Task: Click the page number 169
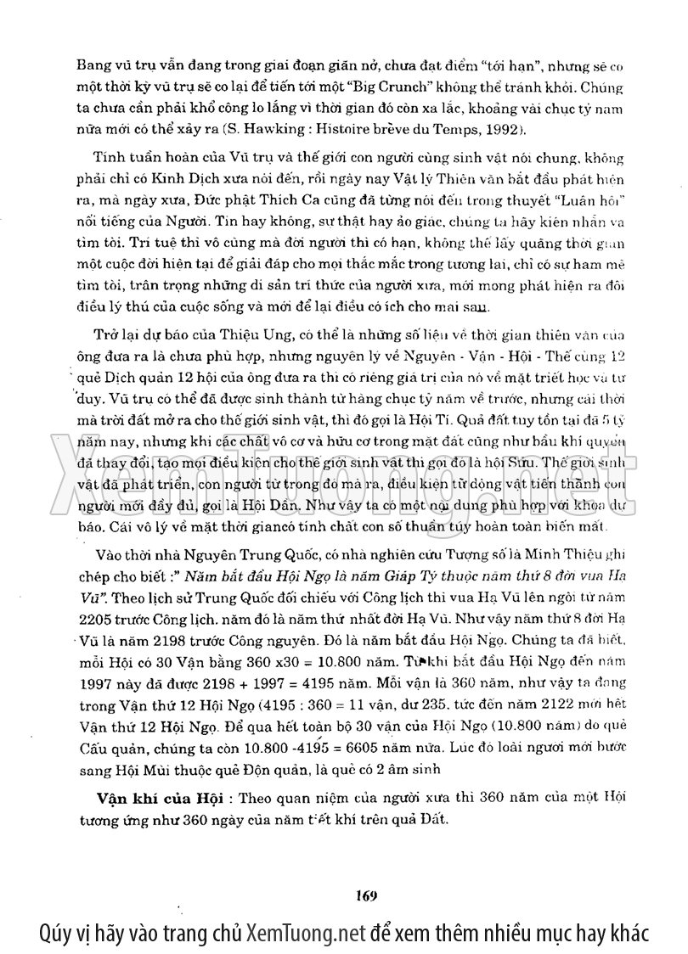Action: tap(367, 895)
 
